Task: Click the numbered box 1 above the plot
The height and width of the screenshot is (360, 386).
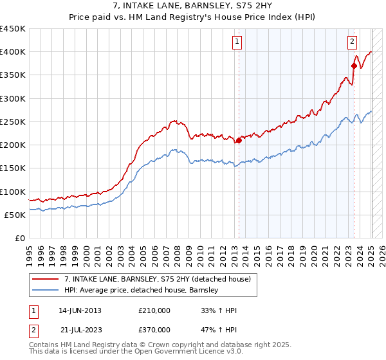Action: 237,42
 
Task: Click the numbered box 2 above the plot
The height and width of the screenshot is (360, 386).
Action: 353,42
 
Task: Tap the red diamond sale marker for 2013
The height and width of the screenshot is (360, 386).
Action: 239,140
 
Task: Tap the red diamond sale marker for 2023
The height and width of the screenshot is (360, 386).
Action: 354,66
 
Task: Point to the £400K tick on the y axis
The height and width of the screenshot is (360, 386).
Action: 13,51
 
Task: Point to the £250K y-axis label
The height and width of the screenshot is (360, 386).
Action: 13,122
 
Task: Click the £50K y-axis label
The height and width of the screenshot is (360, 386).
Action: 15,215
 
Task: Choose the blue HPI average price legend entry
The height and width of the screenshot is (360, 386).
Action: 142,290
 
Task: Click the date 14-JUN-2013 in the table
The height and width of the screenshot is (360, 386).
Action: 80,310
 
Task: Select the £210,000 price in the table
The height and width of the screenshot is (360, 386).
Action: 154,310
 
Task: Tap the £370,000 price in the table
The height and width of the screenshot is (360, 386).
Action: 154,329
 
